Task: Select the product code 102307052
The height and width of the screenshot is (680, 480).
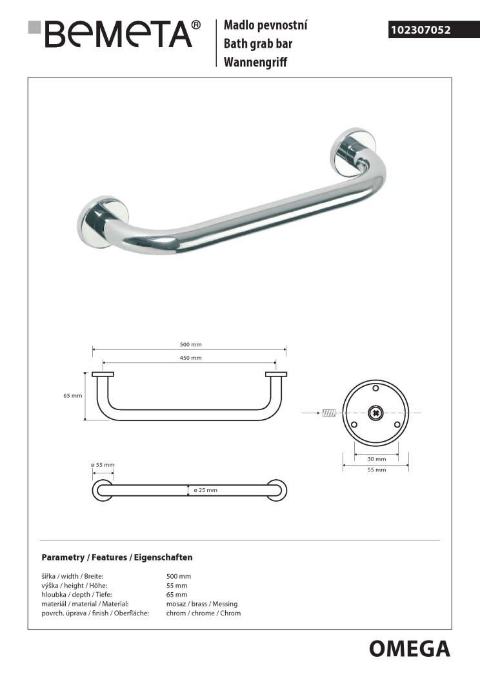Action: [420, 29]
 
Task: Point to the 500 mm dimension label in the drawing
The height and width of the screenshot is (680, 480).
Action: [191, 345]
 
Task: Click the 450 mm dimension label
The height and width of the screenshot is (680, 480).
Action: [191, 358]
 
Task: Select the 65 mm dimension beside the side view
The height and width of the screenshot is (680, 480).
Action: [72, 396]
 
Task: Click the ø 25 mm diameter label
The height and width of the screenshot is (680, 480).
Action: [205, 490]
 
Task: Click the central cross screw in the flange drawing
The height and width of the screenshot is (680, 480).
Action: [375, 412]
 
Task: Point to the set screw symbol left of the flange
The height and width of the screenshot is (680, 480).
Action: [329, 412]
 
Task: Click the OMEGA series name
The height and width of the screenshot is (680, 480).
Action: [409, 648]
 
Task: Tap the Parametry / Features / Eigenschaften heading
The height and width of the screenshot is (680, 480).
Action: [117, 557]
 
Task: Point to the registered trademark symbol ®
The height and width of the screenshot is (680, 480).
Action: [196, 25]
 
